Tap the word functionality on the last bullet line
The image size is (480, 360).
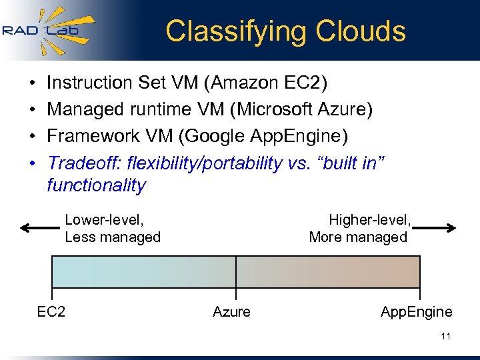[96, 185]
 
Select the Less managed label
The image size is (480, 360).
[113, 237]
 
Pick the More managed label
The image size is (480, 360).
[358, 237]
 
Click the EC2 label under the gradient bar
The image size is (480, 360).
[51, 311]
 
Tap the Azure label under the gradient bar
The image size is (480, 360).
[231, 311]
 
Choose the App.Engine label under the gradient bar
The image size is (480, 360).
[416, 311]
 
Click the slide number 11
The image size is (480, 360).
[445, 337]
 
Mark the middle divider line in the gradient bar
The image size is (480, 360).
[236, 272]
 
